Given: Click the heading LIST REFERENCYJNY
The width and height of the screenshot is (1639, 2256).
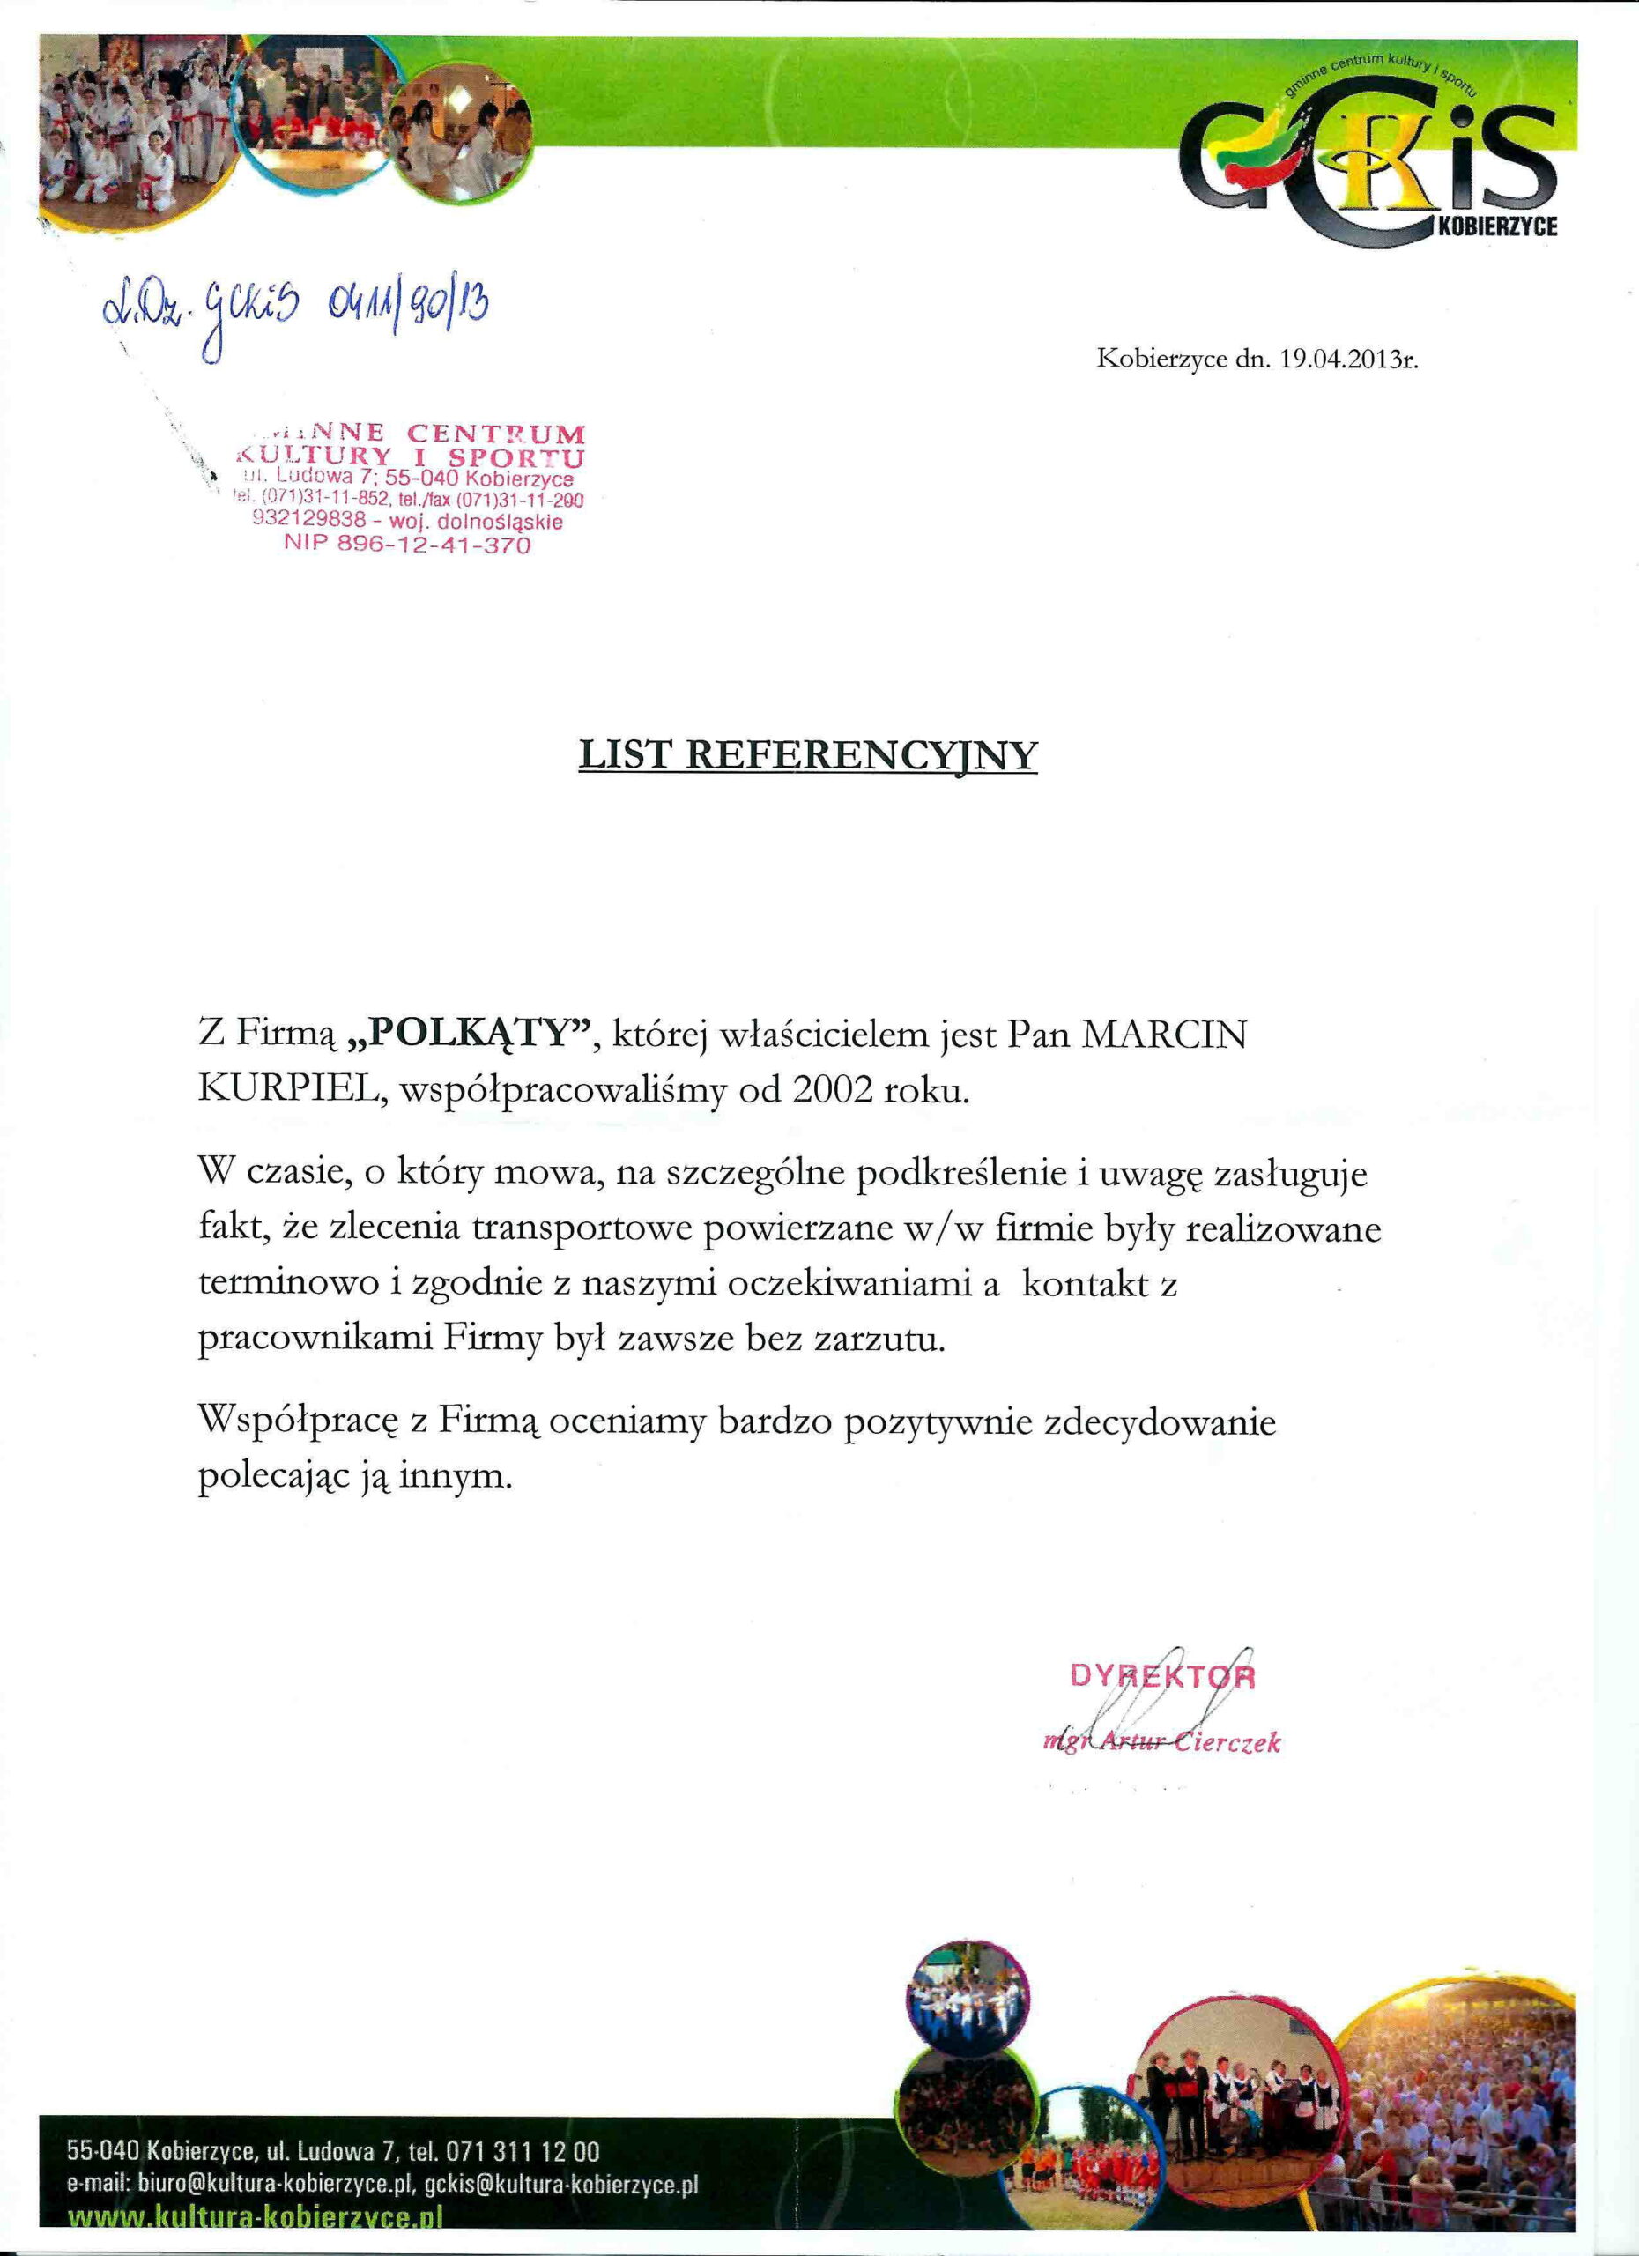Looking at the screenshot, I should [807, 756].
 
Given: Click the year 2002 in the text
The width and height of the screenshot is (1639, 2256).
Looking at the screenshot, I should [836, 1090].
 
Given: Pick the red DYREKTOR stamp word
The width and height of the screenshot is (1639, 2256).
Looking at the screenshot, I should [1162, 1677].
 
